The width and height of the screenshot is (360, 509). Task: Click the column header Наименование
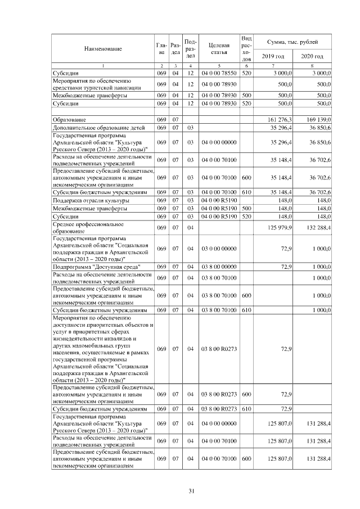pyautogui.click(x=103, y=49)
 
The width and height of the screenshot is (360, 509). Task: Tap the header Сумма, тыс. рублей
pyautogui.click(x=292, y=42)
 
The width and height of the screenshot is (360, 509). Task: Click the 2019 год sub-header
pyautogui.click(x=273, y=56)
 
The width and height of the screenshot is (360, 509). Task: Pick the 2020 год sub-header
pyautogui.click(x=312, y=56)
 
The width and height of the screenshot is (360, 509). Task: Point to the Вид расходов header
pyautogui.click(x=246, y=48)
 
